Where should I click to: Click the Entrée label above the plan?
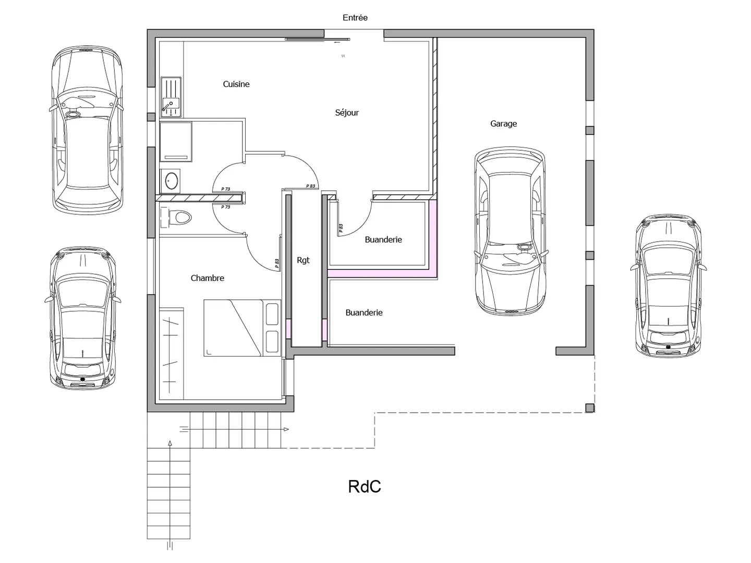coord(355,17)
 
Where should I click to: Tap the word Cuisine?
coord(236,84)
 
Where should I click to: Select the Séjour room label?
coord(347,113)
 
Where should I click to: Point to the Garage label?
coord(503,124)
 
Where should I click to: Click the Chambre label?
coord(208,278)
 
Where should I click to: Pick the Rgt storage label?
coord(303,260)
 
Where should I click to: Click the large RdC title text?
coord(365,486)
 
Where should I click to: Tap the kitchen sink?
coord(171,97)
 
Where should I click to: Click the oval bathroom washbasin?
coord(172,180)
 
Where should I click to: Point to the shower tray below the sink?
coord(176,141)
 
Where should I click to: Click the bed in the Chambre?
coord(242,328)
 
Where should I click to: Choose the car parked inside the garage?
coord(510,231)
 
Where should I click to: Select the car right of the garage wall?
coord(668,286)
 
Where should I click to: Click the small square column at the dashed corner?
coord(589,408)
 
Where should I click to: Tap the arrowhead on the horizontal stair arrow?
coord(286,430)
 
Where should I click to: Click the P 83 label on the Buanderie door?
coord(341,228)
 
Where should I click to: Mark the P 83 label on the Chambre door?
coord(277,263)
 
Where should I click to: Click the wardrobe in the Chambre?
coord(172,353)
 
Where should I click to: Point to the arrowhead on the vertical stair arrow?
coord(169,443)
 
